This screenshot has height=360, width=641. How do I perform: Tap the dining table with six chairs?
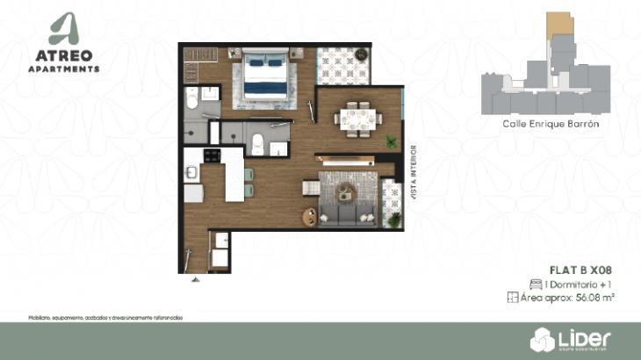point(357,116)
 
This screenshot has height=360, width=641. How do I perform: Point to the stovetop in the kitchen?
point(212,155)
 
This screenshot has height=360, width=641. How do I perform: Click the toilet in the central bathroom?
point(257,143)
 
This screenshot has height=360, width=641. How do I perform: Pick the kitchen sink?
point(192,173)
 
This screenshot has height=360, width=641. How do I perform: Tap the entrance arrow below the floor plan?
point(195,280)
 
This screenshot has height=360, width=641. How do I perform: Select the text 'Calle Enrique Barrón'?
point(551,125)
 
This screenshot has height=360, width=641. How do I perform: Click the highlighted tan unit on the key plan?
point(557,25)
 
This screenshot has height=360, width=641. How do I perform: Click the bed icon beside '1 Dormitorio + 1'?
point(535,284)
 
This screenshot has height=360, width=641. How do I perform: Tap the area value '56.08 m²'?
point(594,299)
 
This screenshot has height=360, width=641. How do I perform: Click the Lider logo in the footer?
point(571,337)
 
